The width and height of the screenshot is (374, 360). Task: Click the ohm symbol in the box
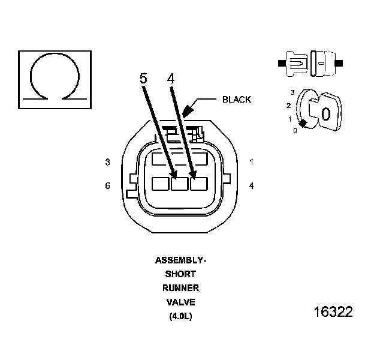point(55,77)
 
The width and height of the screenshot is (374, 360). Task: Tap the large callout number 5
point(143,79)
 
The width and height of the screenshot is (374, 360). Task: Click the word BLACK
point(237,100)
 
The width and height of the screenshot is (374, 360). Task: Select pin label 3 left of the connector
point(108,162)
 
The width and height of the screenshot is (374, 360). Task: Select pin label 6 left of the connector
point(108,185)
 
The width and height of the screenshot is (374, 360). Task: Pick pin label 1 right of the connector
point(251,162)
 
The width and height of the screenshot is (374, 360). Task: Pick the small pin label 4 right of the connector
point(251,185)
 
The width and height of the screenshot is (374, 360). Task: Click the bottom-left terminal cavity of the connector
point(161,183)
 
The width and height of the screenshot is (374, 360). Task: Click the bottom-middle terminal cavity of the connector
point(180,183)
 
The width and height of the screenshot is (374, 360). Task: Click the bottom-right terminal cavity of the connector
point(198,183)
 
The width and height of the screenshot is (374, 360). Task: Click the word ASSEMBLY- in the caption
point(180,260)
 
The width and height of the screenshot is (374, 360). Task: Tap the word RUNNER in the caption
point(180,288)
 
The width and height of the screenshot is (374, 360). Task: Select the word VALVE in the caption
point(180,302)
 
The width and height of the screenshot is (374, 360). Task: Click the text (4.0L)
point(180,316)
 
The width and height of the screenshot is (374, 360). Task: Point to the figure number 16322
point(333,313)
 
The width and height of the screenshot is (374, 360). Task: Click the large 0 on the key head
point(326,113)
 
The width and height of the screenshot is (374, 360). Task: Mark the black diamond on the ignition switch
point(303,123)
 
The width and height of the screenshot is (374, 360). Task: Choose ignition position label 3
point(292,92)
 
